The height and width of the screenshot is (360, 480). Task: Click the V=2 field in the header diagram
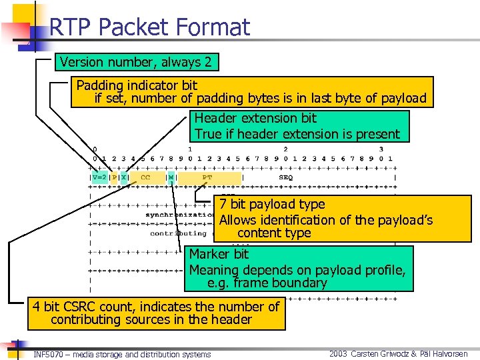[x=98, y=178]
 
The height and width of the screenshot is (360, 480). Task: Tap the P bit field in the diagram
[x=113, y=178]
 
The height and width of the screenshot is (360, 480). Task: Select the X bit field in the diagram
[x=123, y=178]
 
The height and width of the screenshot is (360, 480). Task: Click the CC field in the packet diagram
[x=145, y=178]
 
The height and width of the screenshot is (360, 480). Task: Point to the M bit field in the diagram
[x=171, y=178]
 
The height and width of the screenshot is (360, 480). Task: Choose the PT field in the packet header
[x=207, y=178]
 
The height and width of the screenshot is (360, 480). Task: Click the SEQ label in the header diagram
[x=285, y=178]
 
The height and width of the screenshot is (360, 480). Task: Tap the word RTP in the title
[x=71, y=27]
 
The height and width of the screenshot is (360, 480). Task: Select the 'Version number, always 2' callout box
[x=136, y=63]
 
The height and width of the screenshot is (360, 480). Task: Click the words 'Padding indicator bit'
[x=137, y=85]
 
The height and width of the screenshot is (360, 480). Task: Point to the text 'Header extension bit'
[x=255, y=118]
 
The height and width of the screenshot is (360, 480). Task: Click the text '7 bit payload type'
[x=272, y=204]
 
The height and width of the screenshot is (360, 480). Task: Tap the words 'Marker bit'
[x=219, y=254]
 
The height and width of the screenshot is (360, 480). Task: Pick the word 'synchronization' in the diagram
[x=180, y=215]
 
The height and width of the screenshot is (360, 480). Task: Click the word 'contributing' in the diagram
[x=178, y=233]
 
